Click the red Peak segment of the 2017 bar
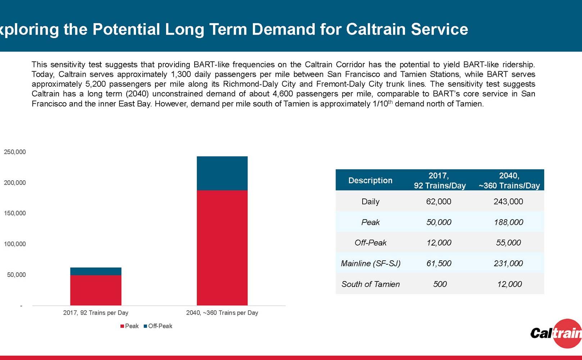(x=96, y=290)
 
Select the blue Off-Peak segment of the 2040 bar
(x=222, y=173)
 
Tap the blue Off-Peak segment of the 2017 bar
(x=96, y=271)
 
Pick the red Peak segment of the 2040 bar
(x=222, y=248)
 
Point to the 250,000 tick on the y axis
(x=15, y=152)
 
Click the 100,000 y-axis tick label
(x=15, y=244)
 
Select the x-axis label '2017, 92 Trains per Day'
(x=96, y=313)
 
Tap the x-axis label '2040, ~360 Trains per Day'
(x=222, y=313)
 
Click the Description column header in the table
(x=370, y=180)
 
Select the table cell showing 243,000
(x=508, y=202)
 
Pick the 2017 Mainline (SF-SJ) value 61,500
(x=438, y=264)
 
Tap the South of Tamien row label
(x=370, y=284)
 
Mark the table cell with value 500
(x=440, y=284)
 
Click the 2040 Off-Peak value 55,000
(x=508, y=243)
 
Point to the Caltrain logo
(x=557, y=333)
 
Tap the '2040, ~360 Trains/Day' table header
(x=509, y=180)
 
